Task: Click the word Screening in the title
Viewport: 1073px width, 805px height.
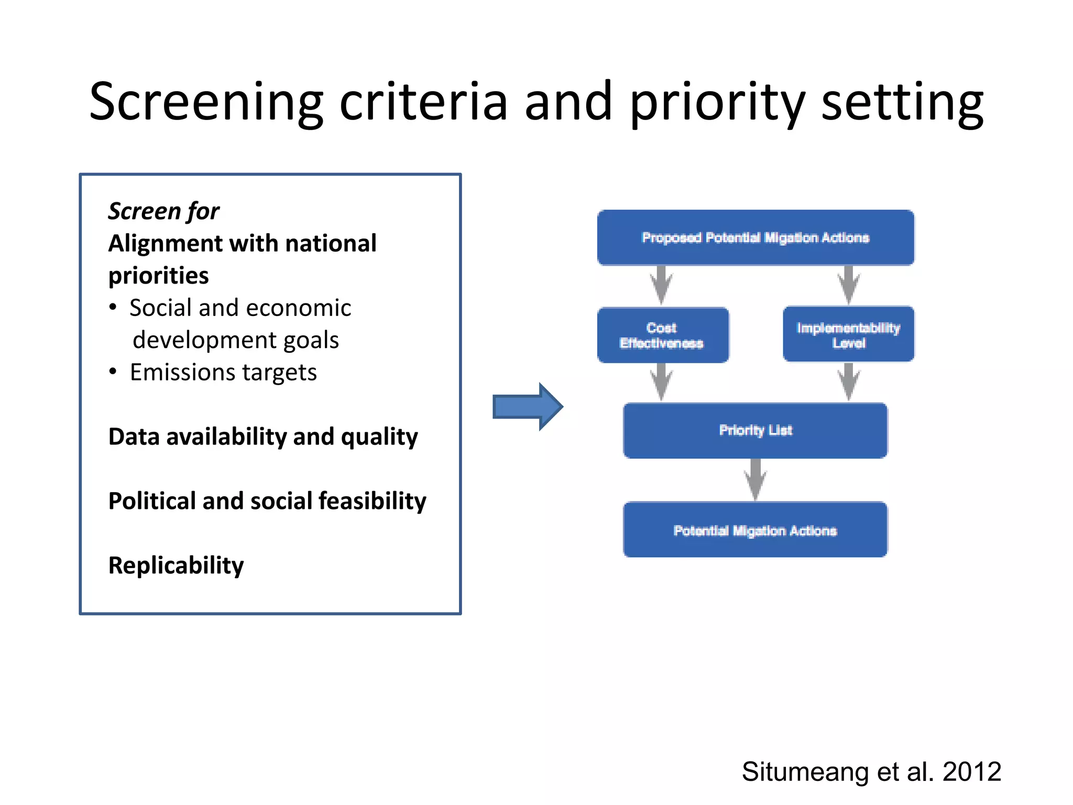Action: coord(206,103)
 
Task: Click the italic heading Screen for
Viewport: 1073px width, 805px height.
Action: coord(163,211)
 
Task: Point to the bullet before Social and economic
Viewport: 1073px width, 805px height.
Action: coord(113,307)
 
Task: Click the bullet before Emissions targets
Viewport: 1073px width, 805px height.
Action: coord(113,372)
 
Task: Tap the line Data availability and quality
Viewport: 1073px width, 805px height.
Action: coord(263,437)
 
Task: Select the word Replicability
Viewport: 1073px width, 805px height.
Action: coord(176,565)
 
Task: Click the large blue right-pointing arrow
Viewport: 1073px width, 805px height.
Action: coord(528,407)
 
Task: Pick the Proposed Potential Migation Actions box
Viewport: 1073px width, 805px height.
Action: coord(756,237)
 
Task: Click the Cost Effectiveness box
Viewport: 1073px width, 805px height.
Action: coord(662,335)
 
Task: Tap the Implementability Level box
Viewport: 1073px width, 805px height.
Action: coord(848,335)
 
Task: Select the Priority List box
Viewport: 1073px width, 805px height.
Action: coord(756,430)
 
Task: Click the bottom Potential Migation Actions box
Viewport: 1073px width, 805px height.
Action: coord(756,530)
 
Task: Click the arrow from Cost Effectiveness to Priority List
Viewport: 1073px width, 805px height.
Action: coord(662,382)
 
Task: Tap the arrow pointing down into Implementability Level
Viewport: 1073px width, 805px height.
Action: coord(849,285)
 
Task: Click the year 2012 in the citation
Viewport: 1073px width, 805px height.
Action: coord(971,771)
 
